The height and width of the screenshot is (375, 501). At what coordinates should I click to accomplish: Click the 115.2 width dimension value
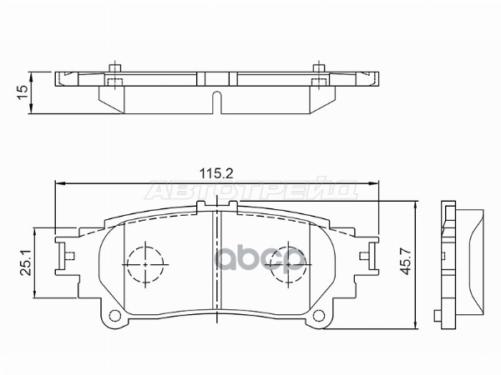click(215, 172)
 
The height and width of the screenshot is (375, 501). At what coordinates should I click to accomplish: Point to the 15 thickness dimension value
click(23, 89)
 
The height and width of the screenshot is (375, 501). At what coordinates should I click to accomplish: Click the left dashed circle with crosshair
click(145, 263)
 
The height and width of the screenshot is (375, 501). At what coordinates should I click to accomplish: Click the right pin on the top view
click(319, 73)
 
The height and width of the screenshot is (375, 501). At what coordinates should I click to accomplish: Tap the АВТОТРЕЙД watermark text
click(250, 192)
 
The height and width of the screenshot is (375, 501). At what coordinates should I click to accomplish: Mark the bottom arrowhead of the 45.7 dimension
click(415, 323)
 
